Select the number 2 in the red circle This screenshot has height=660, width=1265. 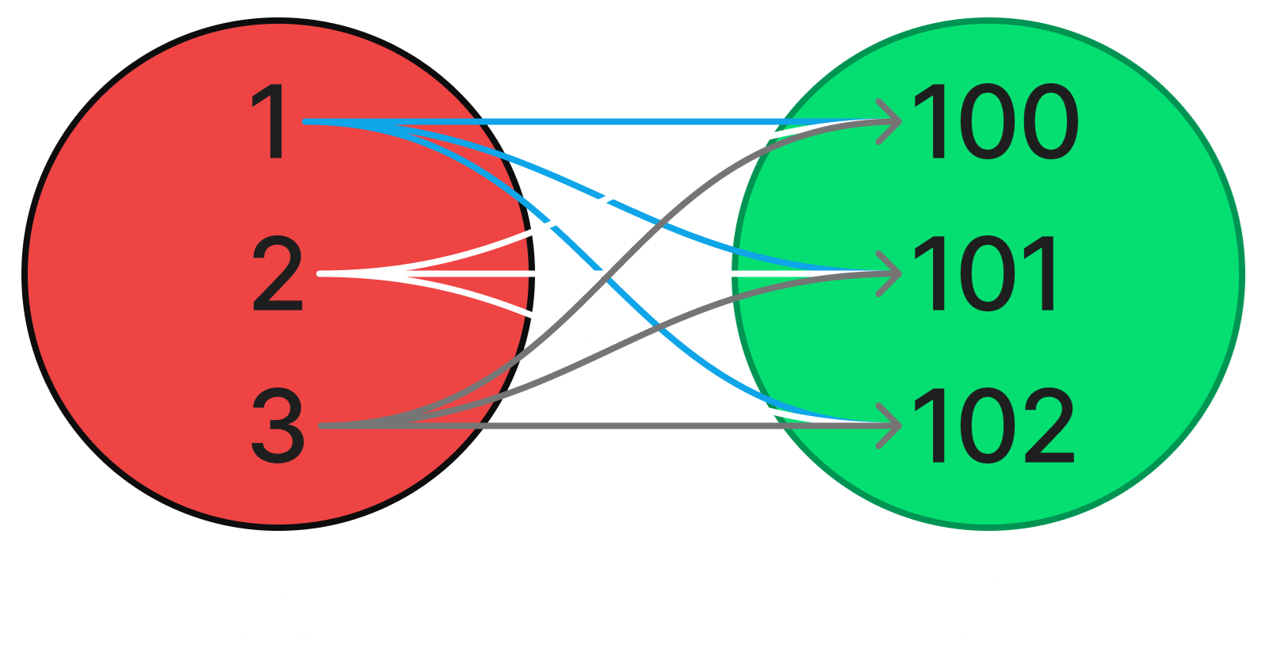click(277, 274)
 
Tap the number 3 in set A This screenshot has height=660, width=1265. click(277, 426)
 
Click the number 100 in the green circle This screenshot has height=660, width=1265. click(996, 123)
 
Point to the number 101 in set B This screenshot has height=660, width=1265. click(984, 274)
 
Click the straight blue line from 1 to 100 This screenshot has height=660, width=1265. click(634, 122)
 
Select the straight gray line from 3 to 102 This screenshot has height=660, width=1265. click(634, 426)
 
